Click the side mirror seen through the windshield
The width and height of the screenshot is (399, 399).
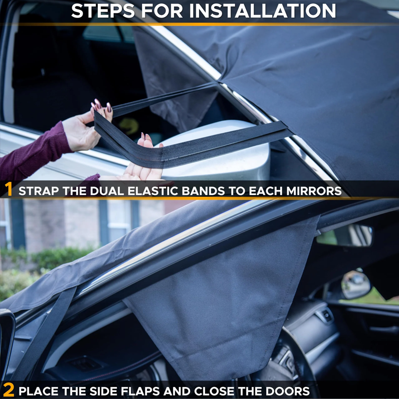point(355,285)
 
